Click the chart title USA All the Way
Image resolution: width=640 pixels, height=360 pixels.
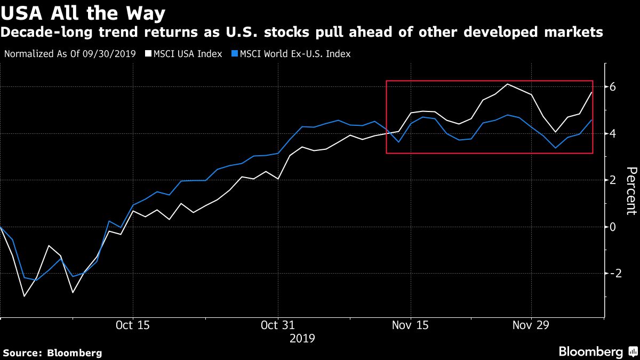point(82,13)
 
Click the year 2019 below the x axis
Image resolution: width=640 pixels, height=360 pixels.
point(302,338)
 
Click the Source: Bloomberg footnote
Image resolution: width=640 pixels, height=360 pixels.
point(52,353)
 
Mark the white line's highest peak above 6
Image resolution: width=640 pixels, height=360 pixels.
point(507,84)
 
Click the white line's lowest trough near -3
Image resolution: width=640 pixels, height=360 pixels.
point(24,296)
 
